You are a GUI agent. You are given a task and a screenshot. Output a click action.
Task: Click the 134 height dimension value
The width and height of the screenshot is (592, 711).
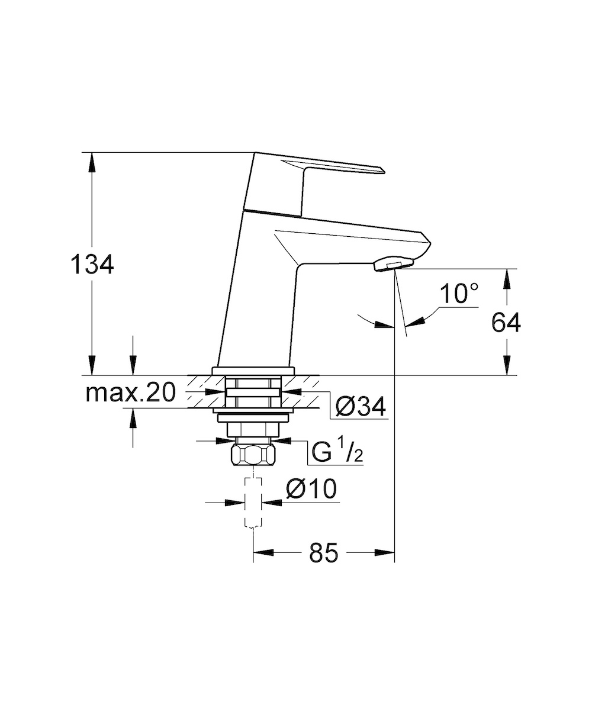coord(92,264)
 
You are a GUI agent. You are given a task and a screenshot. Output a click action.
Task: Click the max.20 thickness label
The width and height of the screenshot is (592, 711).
coord(130,393)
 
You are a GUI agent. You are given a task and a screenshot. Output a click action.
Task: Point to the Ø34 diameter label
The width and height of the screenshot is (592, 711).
coord(360,406)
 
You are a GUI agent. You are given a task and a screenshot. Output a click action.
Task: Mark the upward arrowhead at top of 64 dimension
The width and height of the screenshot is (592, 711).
coord(507,279)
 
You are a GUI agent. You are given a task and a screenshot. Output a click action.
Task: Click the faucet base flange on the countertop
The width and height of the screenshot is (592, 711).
coord(253,371)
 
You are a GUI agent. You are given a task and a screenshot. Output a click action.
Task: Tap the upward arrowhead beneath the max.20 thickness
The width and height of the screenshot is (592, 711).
coord(133,419)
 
